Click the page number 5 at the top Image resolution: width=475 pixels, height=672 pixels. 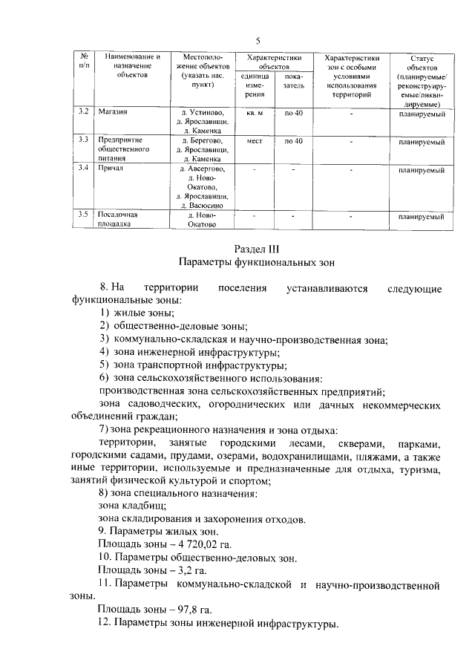[x=257, y=40]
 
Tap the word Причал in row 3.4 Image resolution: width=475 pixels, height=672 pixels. [x=111, y=169]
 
